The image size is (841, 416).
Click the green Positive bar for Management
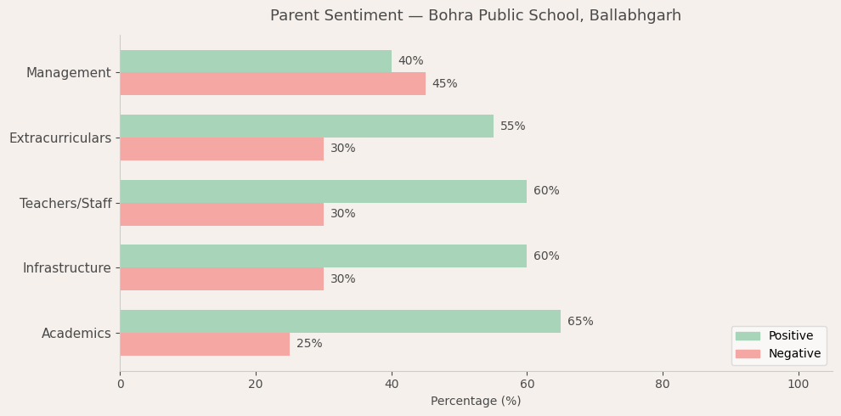[x=255, y=61]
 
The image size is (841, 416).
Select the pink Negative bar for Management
[x=272, y=84]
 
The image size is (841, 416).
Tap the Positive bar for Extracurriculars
[x=306, y=126]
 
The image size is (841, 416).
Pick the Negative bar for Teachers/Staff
[x=221, y=214]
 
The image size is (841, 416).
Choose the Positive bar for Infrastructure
[x=323, y=256]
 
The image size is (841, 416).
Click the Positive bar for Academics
[x=340, y=322]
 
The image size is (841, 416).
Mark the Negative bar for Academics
[x=204, y=344]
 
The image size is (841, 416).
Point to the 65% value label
[x=580, y=322]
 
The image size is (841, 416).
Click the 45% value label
[x=444, y=84]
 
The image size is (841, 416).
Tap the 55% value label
[x=512, y=126]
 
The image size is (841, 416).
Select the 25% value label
[x=309, y=344]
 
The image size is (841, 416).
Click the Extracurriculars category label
[x=60, y=138]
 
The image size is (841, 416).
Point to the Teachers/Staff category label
[x=65, y=204]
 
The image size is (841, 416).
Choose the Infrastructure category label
[x=67, y=268]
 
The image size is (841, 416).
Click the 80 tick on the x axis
[x=663, y=384]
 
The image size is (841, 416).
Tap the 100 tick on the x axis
[x=798, y=384]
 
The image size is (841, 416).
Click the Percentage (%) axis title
[x=476, y=402]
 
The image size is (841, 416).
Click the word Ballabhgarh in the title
[x=640, y=16]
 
